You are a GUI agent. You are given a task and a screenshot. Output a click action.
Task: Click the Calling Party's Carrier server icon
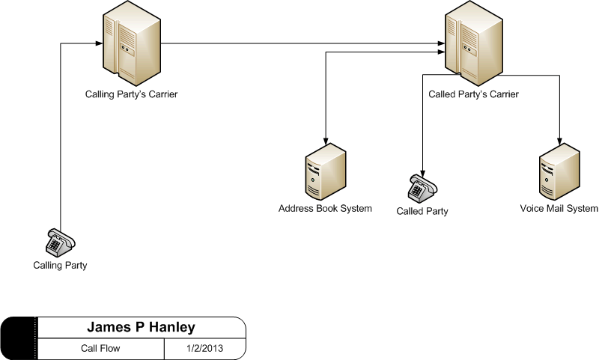[x=132, y=43]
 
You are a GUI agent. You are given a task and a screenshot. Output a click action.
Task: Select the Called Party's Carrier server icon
[x=474, y=43]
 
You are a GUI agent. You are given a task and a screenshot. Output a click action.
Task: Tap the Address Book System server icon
[x=326, y=172]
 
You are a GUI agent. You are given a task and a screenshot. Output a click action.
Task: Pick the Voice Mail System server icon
[x=559, y=172]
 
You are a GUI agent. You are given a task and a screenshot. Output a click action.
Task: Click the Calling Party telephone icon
[x=61, y=242]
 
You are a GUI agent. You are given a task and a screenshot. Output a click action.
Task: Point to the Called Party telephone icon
[x=423, y=188]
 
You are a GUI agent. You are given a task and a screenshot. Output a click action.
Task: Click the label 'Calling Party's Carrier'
[x=132, y=94]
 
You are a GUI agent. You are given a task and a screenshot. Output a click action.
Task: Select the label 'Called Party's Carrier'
[x=474, y=94]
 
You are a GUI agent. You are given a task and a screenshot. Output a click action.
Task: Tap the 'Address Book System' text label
[x=325, y=209]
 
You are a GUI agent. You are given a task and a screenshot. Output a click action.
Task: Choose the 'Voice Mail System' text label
[x=559, y=209]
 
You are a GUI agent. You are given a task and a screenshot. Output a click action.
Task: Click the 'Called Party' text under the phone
[x=422, y=211]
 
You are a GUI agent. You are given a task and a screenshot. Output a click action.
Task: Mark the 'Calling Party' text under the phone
[x=60, y=266]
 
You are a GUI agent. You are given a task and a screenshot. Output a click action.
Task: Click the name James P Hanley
[x=141, y=327]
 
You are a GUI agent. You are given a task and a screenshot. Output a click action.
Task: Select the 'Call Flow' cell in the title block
[x=100, y=348]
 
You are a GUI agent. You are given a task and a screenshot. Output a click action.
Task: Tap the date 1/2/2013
[x=204, y=348]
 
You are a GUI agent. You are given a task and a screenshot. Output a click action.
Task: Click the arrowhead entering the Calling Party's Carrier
[x=99, y=43]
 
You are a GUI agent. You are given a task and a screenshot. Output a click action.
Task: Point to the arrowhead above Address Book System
[x=326, y=140]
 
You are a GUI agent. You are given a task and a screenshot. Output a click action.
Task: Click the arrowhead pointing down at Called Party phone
[x=422, y=171]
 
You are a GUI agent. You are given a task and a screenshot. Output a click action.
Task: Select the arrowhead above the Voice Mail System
[x=559, y=140]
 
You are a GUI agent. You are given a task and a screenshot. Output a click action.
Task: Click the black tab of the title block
[x=18, y=338]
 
